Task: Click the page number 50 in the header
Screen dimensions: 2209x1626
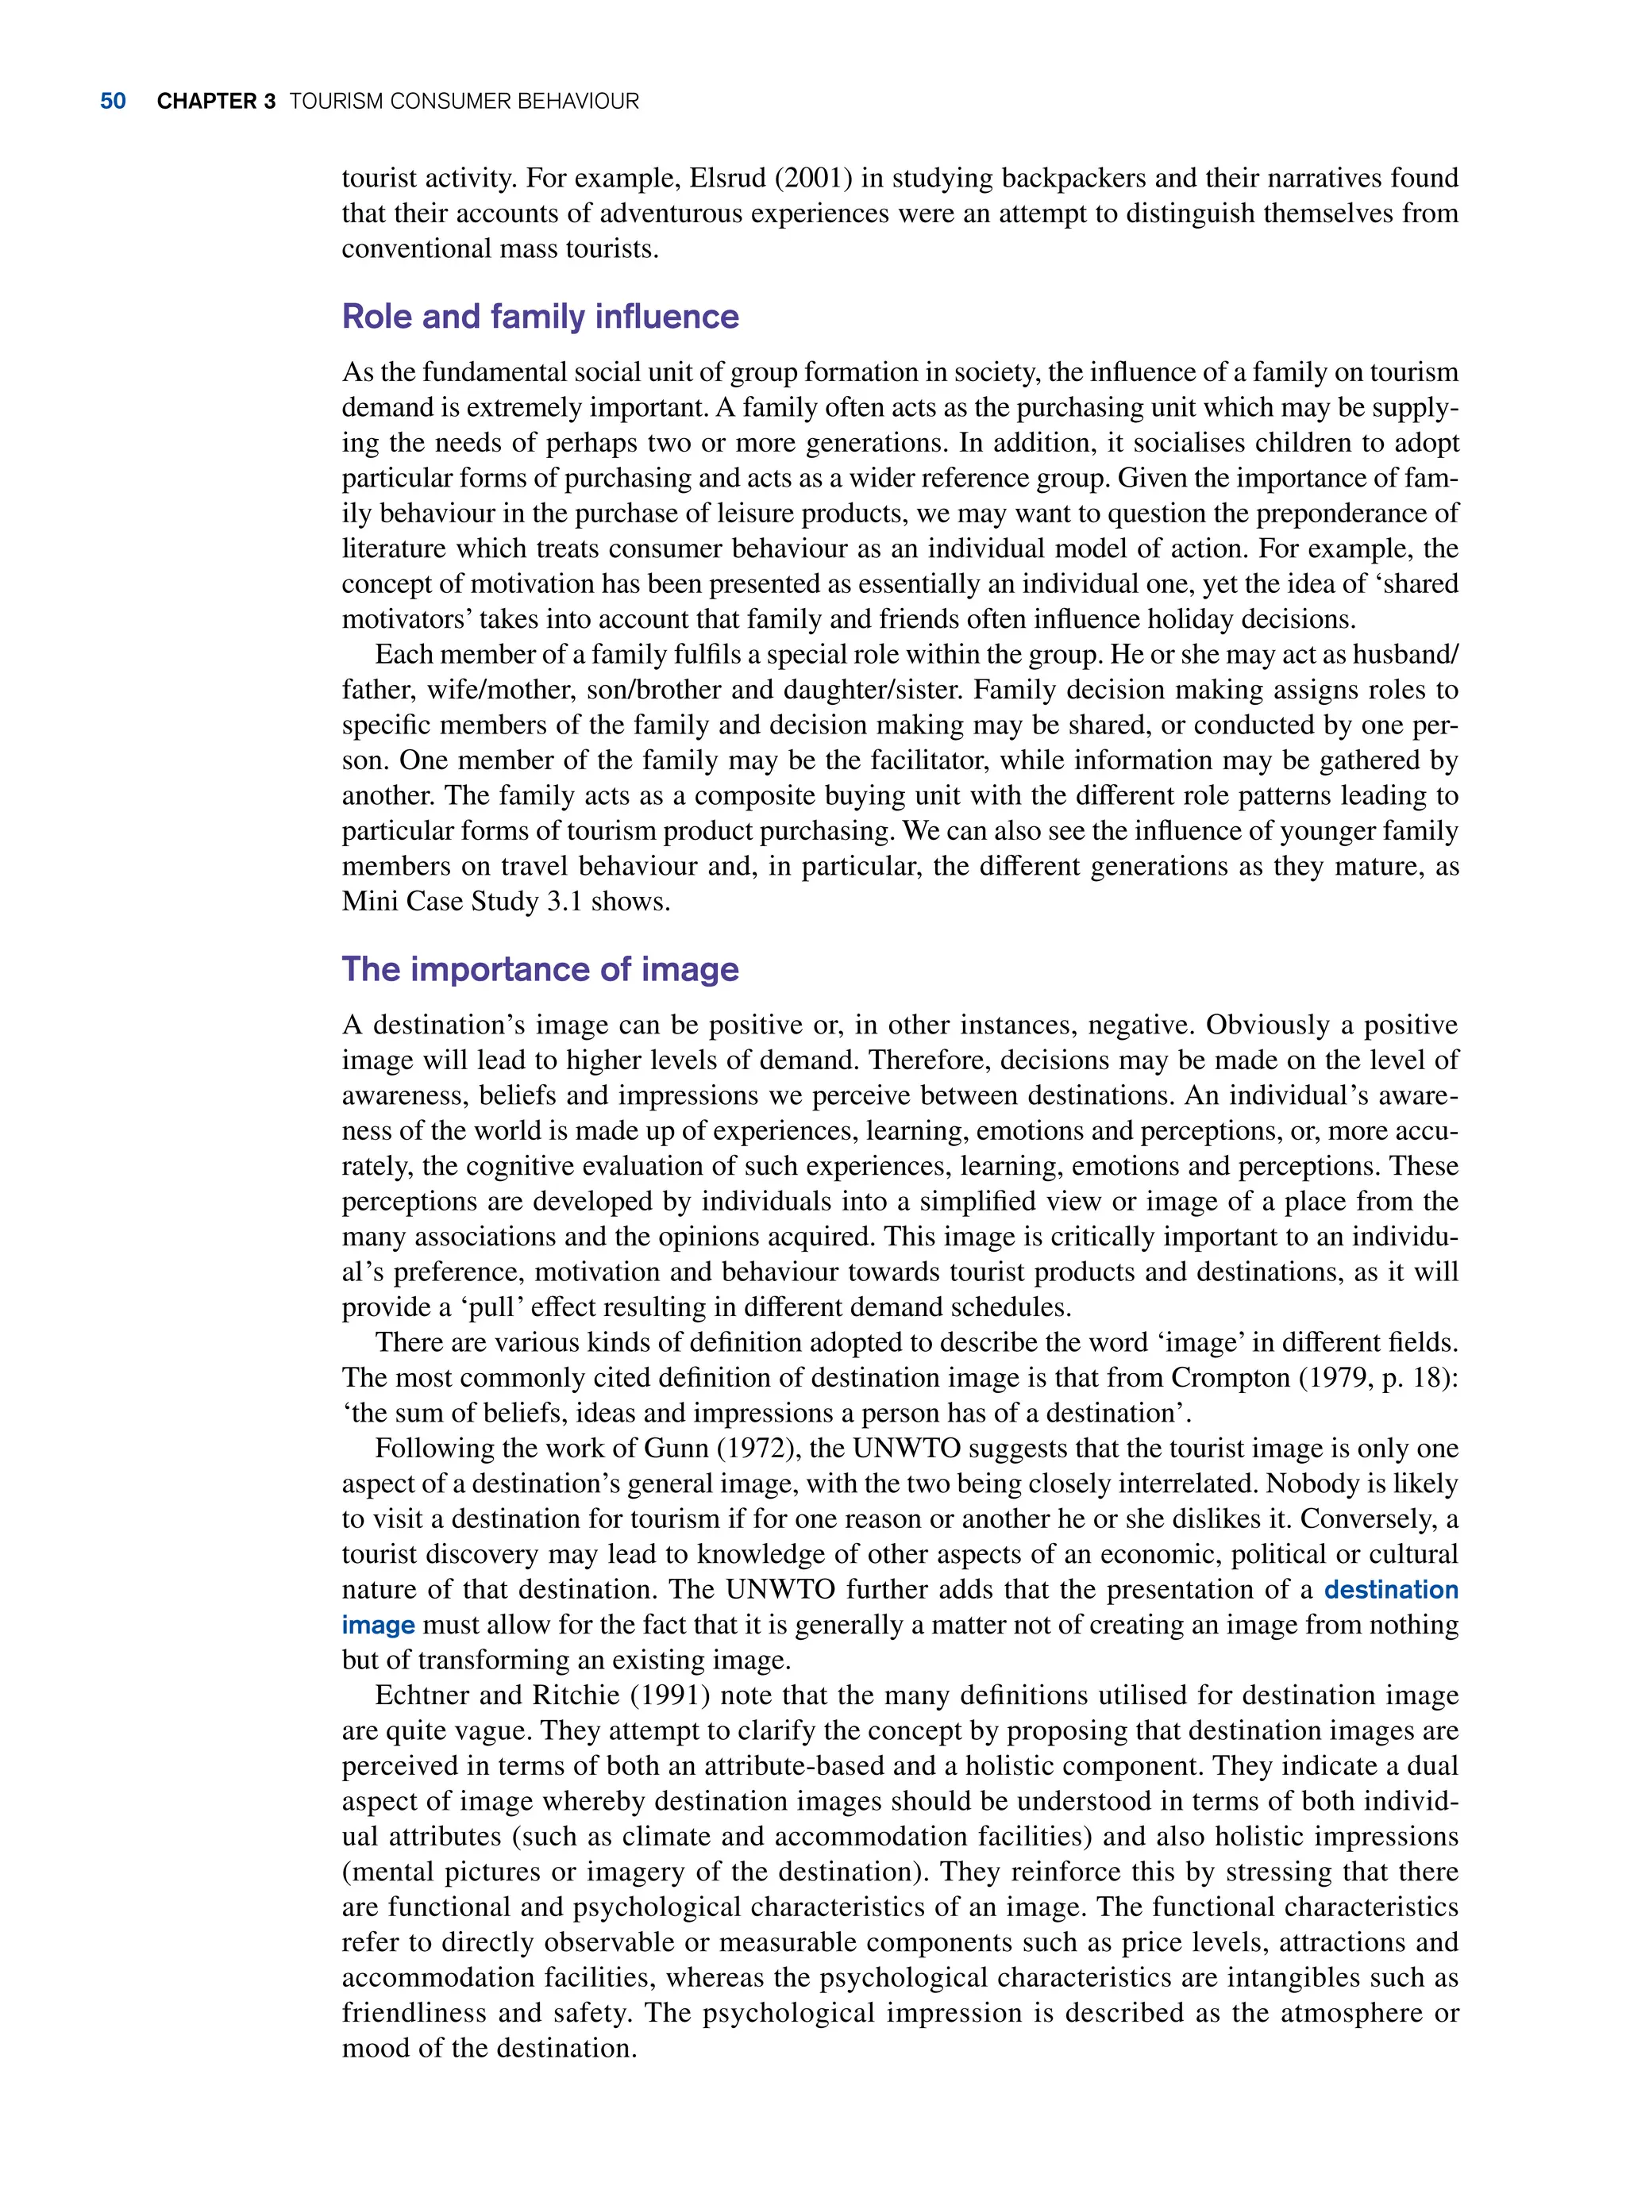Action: coord(114,102)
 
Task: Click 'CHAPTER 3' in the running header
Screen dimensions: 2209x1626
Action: coord(215,102)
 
